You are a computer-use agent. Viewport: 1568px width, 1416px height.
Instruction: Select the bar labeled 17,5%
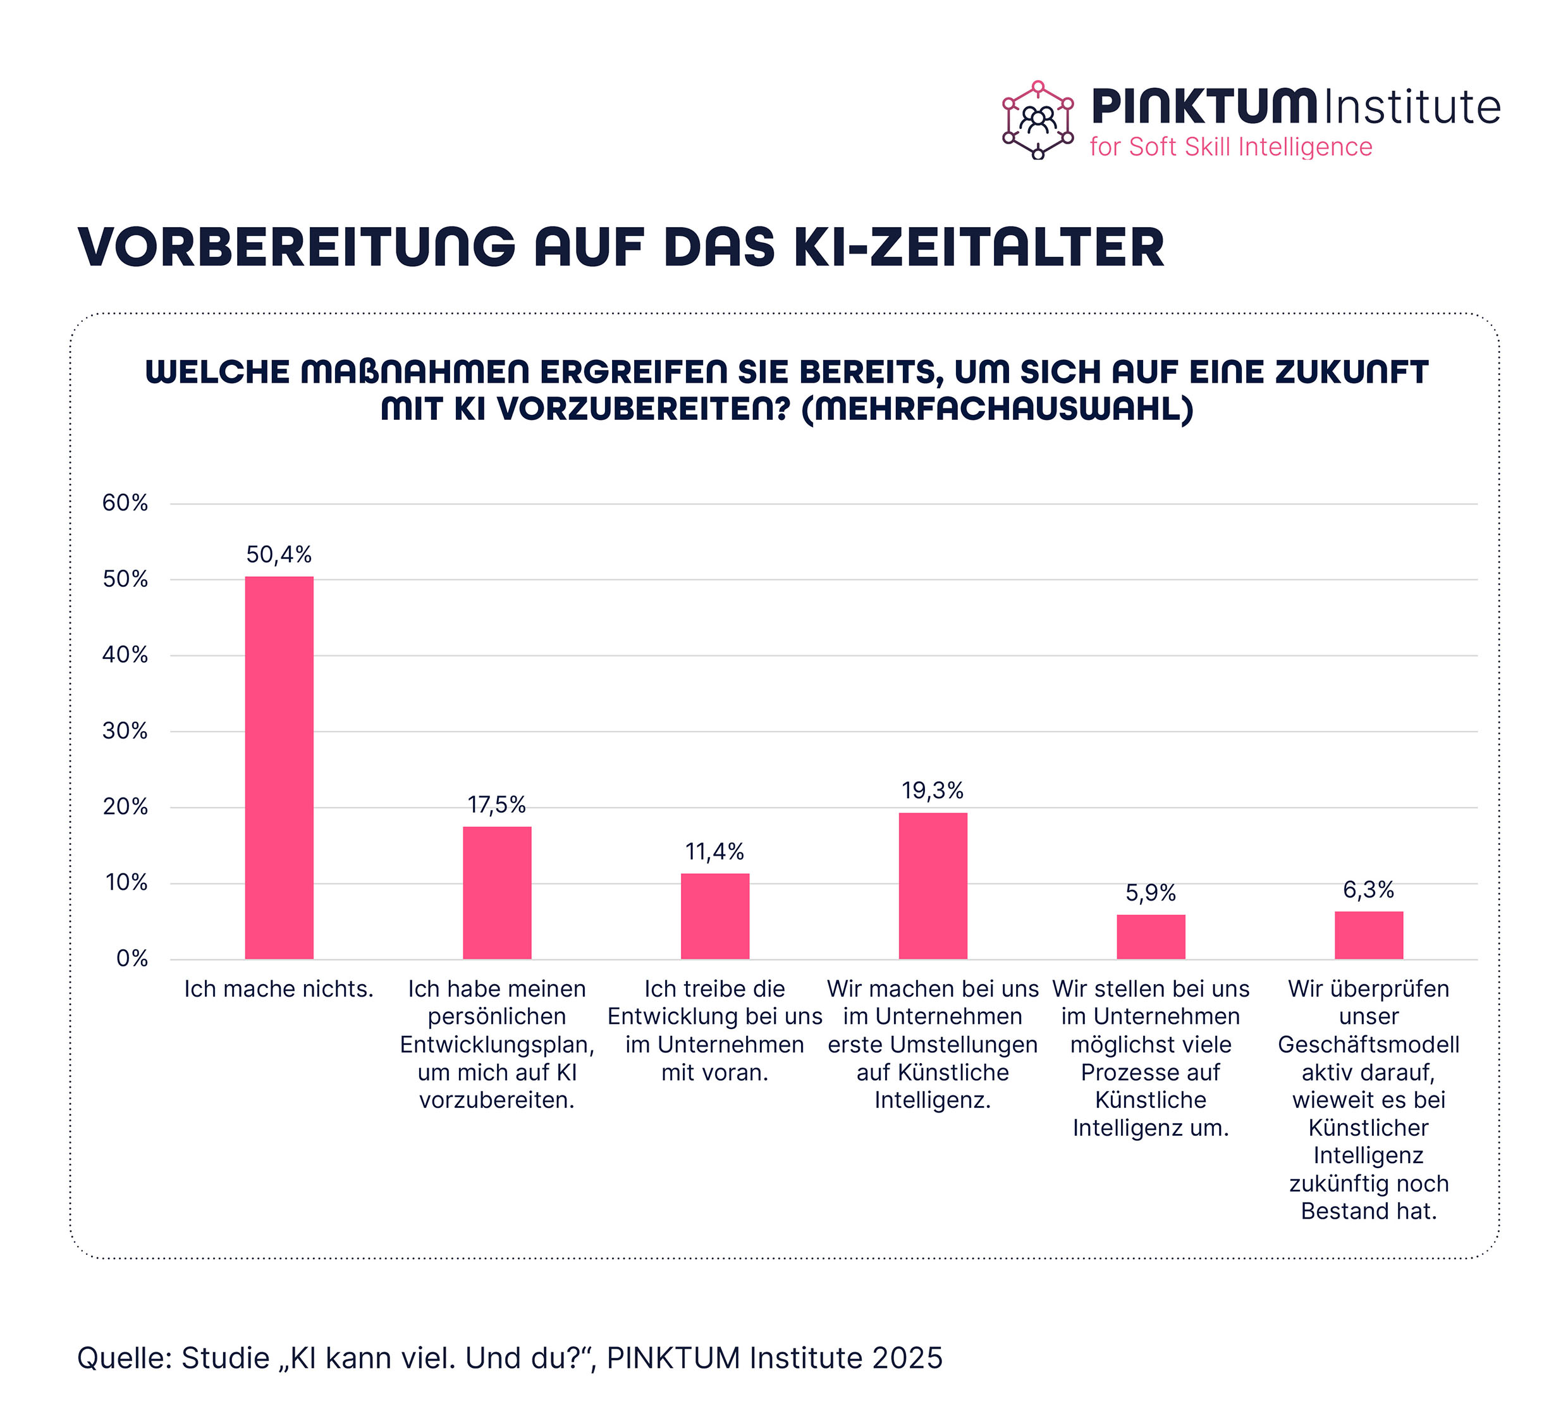497,892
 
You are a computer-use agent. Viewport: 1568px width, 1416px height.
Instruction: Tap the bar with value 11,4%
715,916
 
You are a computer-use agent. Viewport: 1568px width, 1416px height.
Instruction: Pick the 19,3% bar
933,885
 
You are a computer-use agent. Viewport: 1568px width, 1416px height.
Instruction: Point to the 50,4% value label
279,555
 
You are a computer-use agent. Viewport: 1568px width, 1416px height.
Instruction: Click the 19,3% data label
933,791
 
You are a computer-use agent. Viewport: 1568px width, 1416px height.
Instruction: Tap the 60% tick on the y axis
125,503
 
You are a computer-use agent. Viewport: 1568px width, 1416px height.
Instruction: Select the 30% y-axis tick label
125,731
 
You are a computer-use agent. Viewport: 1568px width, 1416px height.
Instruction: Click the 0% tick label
132,959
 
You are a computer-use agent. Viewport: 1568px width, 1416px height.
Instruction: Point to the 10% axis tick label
125,883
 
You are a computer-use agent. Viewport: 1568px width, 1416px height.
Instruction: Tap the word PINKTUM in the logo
1203,107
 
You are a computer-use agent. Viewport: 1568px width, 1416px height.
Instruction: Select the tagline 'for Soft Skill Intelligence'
1230,147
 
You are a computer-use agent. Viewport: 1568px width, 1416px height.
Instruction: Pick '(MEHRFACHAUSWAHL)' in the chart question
997,409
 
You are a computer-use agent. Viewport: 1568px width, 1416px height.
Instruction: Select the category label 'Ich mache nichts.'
279,989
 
